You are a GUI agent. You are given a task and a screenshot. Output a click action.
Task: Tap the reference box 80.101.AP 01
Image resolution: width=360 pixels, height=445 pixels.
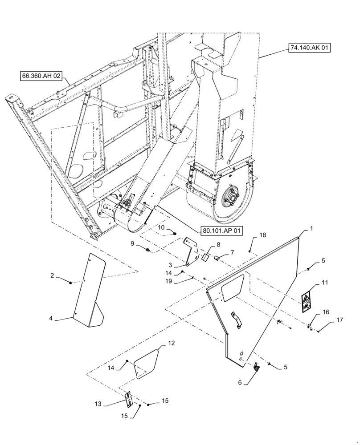click(222, 231)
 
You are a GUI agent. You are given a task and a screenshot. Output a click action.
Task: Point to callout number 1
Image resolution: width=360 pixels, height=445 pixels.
click(311, 228)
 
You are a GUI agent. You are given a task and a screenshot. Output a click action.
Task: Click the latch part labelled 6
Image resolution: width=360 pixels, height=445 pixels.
click(256, 367)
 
